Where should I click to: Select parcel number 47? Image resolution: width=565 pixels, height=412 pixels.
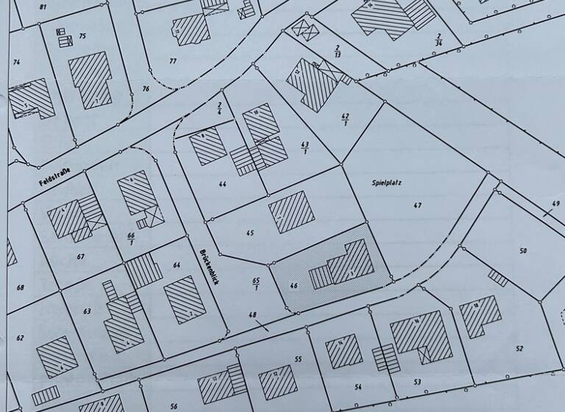[418, 205]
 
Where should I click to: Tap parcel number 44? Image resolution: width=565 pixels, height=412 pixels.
[221, 183]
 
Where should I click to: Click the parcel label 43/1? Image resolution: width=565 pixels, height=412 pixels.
[305, 147]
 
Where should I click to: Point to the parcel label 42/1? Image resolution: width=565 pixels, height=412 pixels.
[345, 120]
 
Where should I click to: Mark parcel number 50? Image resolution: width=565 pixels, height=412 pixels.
[523, 251]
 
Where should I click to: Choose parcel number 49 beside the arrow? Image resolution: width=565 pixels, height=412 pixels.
[555, 204]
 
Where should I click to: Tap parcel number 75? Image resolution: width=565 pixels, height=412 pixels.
[82, 36]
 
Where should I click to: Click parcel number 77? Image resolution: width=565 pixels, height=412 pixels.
[173, 60]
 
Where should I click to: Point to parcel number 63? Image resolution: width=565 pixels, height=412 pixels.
[87, 311]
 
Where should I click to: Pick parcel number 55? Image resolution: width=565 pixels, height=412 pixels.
[298, 359]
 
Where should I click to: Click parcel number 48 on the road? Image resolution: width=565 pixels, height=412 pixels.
[252, 316]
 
